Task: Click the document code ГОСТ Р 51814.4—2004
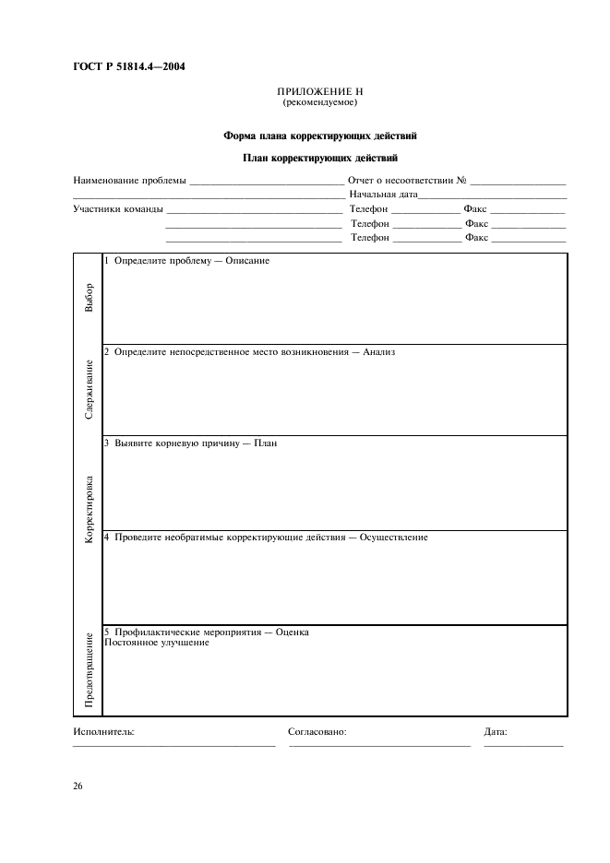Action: coord(128,65)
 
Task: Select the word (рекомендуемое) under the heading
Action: coord(319,104)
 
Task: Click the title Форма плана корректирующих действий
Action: coord(319,136)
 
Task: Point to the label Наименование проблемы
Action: coord(128,180)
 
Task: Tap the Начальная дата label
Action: coord(383,195)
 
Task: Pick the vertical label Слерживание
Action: coord(89,390)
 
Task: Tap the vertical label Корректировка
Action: coord(89,507)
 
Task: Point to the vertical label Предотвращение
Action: coord(89,670)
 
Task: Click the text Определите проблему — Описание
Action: coord(191,260)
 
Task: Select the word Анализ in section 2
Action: coord(378,351)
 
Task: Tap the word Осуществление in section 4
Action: coord(393,537)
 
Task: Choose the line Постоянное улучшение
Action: coord(156,643)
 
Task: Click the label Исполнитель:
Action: coord(103,731)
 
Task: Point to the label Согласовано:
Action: coord(317,731)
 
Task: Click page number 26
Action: coord(78,786)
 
